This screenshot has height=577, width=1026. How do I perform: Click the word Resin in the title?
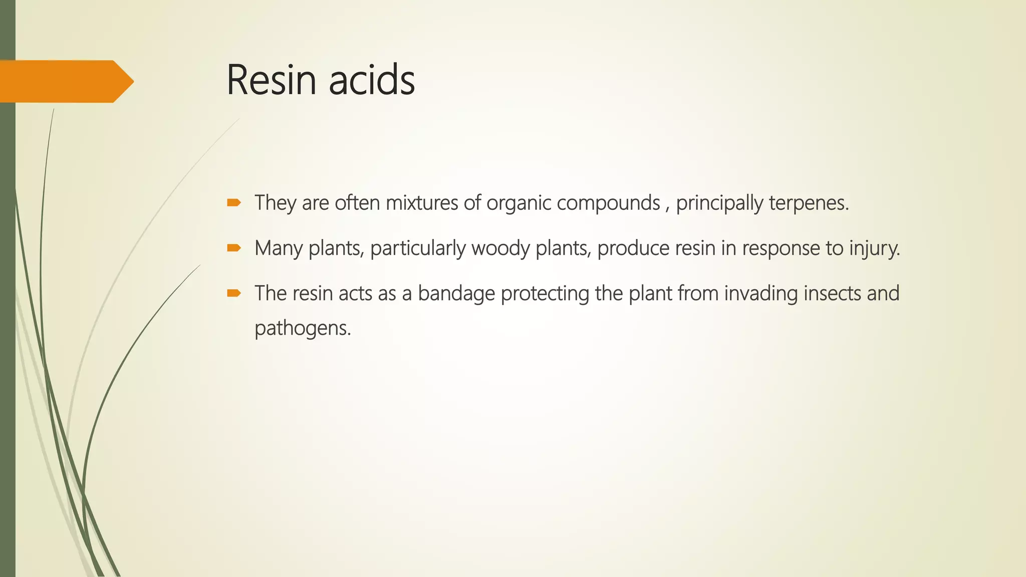click(x=271, y=80)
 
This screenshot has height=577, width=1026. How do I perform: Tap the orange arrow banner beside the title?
click(x=65, y=81)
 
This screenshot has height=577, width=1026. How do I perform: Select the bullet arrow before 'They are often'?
click(x=234, y=203)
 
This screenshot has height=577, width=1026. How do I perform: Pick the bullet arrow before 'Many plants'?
click(x=234, y=248)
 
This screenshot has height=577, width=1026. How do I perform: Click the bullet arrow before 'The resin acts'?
click(x=234, y=293)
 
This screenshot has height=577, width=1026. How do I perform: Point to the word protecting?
click(x=545, y=294)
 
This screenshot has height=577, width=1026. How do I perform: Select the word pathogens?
click(x=303, y=329)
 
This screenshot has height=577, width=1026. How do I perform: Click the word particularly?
click(x=418, y=248)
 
